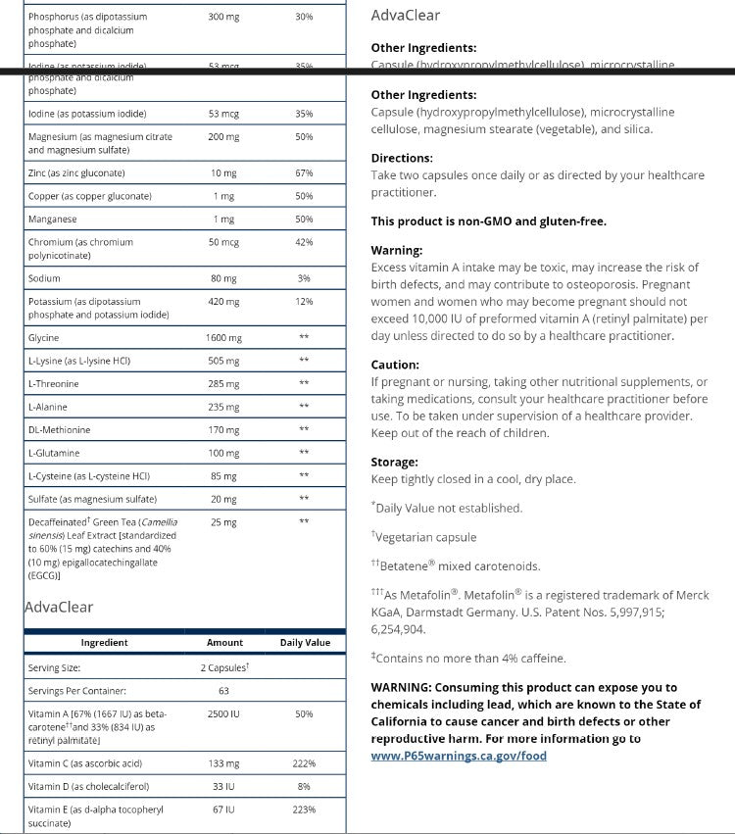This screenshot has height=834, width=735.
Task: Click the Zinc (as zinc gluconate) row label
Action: click(76, 173)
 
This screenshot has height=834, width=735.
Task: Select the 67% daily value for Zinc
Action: click(304, 173)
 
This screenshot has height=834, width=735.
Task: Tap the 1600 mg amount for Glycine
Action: click(223, 338)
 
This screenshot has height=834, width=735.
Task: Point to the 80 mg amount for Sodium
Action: click(223, 278)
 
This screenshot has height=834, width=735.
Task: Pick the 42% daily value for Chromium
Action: click(304, 242)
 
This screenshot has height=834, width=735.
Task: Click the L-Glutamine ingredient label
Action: click(54, 453)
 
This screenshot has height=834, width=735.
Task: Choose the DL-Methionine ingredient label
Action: click(59, 430)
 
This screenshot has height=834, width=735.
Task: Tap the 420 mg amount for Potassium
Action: click(223, 302)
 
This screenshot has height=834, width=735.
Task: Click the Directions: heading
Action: click(402, 158)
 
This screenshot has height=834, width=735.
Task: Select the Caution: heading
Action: click(395, 365)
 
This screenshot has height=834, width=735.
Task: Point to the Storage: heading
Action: click(394, 462)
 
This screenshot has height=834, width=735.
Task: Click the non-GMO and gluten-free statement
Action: click(488, 221)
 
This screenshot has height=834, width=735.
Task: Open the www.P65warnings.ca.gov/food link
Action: click(459, 756)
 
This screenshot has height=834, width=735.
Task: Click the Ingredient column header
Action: click(104, 643)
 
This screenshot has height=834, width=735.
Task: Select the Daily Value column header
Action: click(305, 643)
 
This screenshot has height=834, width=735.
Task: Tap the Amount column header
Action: click(224, 643)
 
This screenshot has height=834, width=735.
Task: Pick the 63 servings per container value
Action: click(224, 691)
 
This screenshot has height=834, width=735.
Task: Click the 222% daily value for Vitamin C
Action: click(304, 763)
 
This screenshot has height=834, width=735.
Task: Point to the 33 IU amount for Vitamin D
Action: click(223, 786)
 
